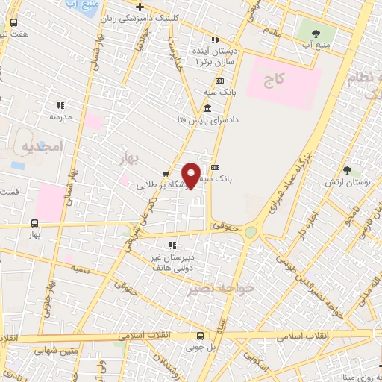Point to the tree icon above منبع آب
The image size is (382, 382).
tap(313, 34)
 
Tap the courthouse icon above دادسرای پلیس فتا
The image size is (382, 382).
tap(206, 110)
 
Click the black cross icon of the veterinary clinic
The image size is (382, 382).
tap(140, 7)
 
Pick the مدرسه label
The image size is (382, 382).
tap(60, 117)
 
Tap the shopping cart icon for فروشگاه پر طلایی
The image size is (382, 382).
tap(165, 175)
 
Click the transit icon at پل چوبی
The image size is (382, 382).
tap(198, 336)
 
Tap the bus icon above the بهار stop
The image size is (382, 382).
tap(34, 223)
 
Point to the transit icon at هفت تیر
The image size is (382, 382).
tap(14, 22)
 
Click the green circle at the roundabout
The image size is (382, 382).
tap(250, 233)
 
